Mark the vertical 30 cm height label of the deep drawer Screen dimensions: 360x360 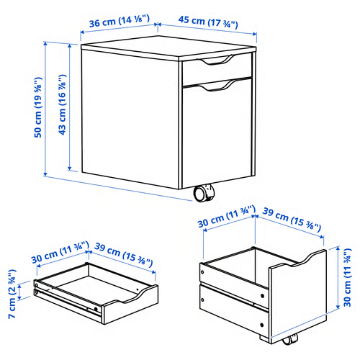pos(348,278)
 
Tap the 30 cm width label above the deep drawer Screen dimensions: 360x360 pos(225,215)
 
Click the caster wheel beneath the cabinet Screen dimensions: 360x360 pos(204,194)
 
